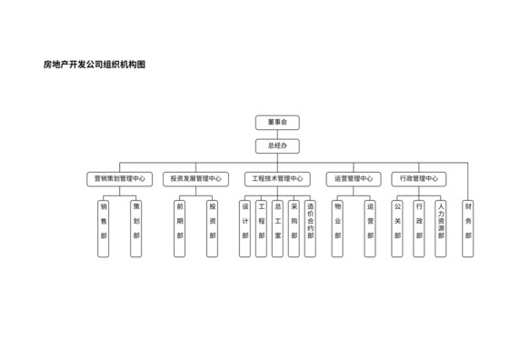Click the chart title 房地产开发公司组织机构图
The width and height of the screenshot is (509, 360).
point(95,65)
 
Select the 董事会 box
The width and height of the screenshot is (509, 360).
point(276,123)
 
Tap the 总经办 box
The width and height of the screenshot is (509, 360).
point(276,145)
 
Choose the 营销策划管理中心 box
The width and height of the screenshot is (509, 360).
point(120,179)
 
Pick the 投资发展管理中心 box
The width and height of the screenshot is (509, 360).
point(196,179)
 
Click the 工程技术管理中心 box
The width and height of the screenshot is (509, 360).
point(276,179)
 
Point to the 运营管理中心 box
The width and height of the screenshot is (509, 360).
point(354,179)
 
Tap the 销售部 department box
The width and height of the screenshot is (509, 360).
point(105,228)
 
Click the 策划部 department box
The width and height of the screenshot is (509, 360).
point(136,228)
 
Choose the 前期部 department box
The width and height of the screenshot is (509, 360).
point(180,228)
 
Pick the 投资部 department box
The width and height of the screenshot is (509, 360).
point(213,228)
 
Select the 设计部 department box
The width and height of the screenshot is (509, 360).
point(245,228)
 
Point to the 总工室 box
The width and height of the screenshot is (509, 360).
point(277,228)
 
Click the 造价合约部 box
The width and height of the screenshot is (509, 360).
point(310,228)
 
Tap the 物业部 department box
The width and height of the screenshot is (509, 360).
point(337,228)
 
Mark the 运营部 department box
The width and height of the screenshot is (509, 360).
point(370,228)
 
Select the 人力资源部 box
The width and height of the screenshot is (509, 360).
point(441,228)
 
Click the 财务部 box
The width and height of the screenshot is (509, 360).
point(468,228)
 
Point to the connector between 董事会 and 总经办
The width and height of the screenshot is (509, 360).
point(276,134)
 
